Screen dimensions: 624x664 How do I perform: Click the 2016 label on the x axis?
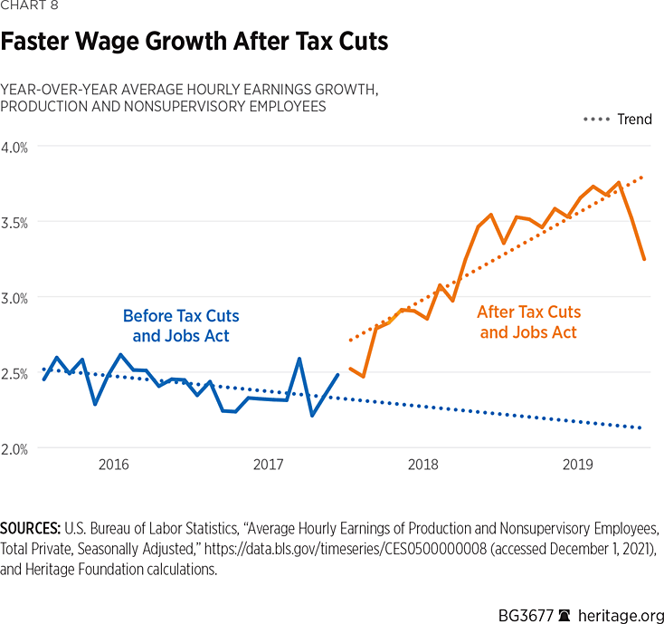113,466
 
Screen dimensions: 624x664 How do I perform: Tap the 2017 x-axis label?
268,466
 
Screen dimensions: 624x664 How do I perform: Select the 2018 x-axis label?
422,466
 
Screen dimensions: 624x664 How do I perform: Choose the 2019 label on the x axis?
577,466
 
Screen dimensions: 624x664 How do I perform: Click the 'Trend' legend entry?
633,120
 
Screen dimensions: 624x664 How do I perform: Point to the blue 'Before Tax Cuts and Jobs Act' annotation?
181,326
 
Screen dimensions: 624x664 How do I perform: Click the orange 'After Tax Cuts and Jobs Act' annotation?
529,322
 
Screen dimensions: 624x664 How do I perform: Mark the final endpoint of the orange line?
644,259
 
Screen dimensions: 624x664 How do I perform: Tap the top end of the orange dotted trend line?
643,178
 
